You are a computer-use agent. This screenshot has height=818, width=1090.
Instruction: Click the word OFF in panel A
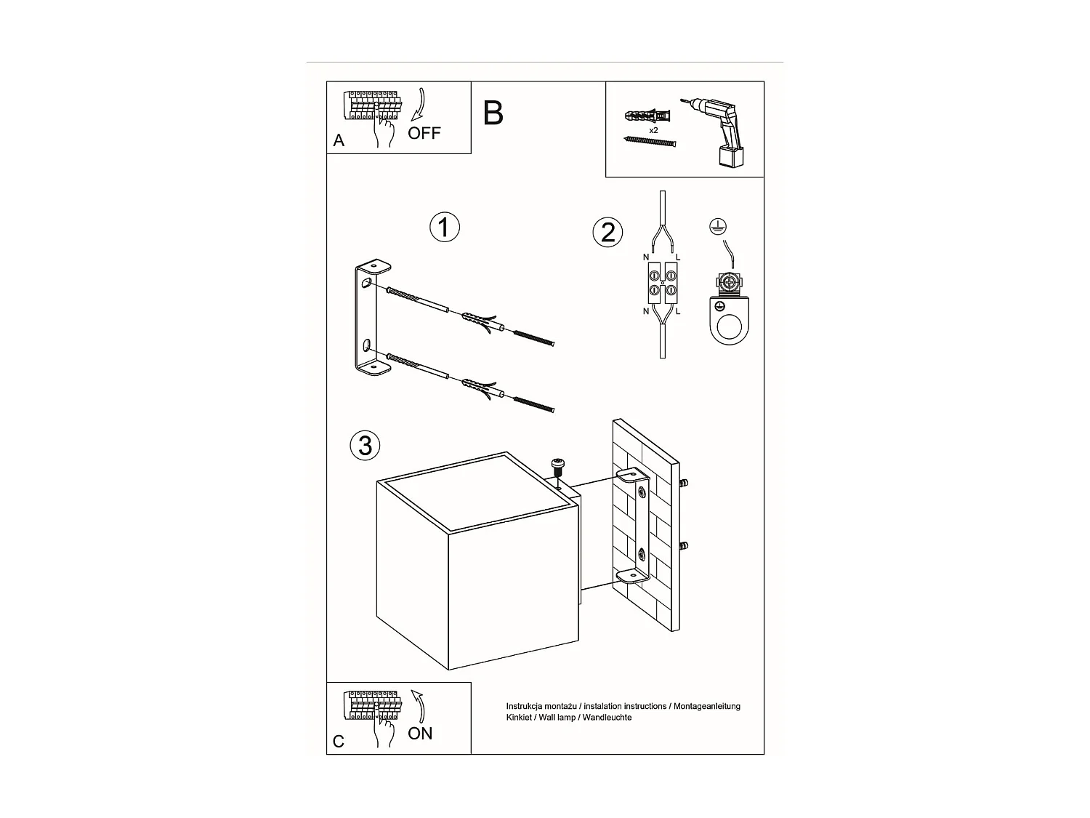[424, 133]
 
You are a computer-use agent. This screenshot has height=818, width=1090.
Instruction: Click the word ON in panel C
[420, 734]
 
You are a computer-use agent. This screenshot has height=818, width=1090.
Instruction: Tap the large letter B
[493, 113]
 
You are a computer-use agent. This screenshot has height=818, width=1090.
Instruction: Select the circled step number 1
[445, 228]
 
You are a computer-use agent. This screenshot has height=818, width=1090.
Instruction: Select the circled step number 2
[608, 232]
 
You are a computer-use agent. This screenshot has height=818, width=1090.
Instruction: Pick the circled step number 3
[365, 445]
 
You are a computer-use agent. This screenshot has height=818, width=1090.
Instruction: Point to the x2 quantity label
[653, 130]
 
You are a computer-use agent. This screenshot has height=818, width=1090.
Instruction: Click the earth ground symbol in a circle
[718, 227]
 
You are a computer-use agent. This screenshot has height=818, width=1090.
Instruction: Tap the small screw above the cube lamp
[559, 465]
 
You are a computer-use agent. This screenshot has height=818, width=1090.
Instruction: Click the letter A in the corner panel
[339, 141]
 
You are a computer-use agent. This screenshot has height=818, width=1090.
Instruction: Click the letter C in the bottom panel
[339, 742]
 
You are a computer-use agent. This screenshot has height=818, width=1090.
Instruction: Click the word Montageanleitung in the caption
[706, 706]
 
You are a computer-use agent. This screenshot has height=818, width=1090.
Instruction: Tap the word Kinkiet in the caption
[520, 718]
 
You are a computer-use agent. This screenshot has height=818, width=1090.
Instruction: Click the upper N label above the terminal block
[646, 257]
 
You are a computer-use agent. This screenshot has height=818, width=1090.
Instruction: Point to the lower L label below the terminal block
[678, 311]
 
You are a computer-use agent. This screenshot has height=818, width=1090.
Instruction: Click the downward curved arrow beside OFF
[419, 105]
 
